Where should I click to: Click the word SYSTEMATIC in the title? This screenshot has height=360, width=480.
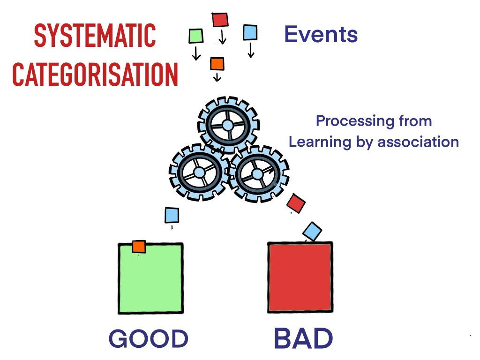tap(95, 36)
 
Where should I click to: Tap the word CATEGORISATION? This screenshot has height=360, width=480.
tap(95, 74)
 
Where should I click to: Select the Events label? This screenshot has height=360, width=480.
tap(321, 34)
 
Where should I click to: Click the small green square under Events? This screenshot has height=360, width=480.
tap(195, 36)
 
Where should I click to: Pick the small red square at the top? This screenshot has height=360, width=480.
tap(220, 20)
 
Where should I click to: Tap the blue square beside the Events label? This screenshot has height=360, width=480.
tap(250, 32)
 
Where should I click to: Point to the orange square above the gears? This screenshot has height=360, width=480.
tap(217, 64)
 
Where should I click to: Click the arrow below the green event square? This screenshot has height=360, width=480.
tap(196, 53)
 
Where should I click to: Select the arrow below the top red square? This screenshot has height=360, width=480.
tap(223, 37)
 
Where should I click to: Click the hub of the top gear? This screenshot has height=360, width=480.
tap(228, 125)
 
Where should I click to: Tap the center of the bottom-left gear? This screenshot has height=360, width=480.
tap(199, 172)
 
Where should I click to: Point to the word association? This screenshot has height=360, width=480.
tap(418, 142)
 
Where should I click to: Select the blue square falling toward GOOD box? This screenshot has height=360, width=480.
tap(172, 215)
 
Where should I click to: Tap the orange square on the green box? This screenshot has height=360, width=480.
tap(139, 247)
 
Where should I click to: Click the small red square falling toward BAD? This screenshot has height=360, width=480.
tap(296, 203)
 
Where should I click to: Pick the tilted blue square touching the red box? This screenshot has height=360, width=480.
tap(312, 231)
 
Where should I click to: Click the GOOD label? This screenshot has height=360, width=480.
tap(149, 338)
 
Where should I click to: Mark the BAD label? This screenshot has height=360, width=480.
tap(303, 338)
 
